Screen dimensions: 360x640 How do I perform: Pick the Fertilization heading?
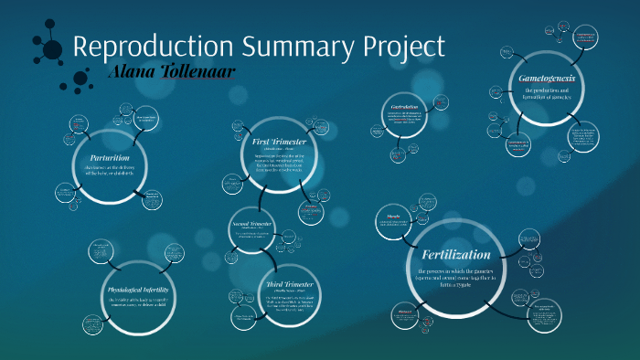coord(455,254)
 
